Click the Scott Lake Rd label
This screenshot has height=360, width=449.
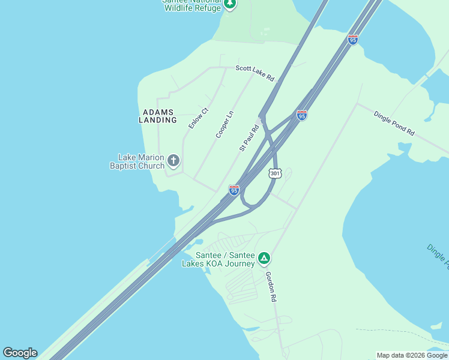(x=255, y=73)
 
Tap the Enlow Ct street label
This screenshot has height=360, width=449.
(x=197, y=118)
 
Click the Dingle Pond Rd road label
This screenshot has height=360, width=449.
(x=394, y=122)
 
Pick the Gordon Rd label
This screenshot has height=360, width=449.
(x=271, y=286)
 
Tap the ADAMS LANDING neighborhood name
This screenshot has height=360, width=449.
(x=158, y=116)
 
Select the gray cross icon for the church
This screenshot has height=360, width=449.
(x=173, y=160)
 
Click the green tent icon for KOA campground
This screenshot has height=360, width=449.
(x=264, y=259)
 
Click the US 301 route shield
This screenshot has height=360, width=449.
(x=275, y=173)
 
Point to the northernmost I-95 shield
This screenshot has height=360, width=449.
(x=353, y=40)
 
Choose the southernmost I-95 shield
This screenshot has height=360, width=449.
(x=234, y=190)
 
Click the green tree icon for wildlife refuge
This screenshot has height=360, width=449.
(x=230, y=4)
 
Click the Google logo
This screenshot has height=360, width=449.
(x=20, y=353)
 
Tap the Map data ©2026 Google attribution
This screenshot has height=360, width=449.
(x=411, y=355)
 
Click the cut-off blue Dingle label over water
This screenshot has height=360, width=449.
(x=438, y=255)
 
